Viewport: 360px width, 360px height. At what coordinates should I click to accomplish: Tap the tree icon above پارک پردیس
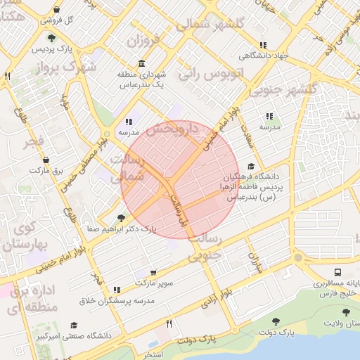pos(51,37)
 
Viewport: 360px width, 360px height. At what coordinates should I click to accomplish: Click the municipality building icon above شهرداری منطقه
pos(143,63)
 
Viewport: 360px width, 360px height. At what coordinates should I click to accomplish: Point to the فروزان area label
pos(148,40)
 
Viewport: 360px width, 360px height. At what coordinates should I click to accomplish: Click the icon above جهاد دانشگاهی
pos(263,45)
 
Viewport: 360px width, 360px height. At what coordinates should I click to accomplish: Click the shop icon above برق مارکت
pos(46,160)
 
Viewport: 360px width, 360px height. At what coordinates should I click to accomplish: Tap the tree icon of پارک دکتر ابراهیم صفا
pos(121,219)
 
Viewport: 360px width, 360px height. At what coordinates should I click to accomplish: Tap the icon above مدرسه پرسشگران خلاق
pos(117,289)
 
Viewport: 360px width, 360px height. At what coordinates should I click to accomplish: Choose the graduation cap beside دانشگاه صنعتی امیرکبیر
pos(74,325)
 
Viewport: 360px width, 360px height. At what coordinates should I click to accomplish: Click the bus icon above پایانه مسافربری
pos(339,272)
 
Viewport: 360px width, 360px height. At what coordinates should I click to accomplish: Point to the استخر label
pos(153,354)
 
